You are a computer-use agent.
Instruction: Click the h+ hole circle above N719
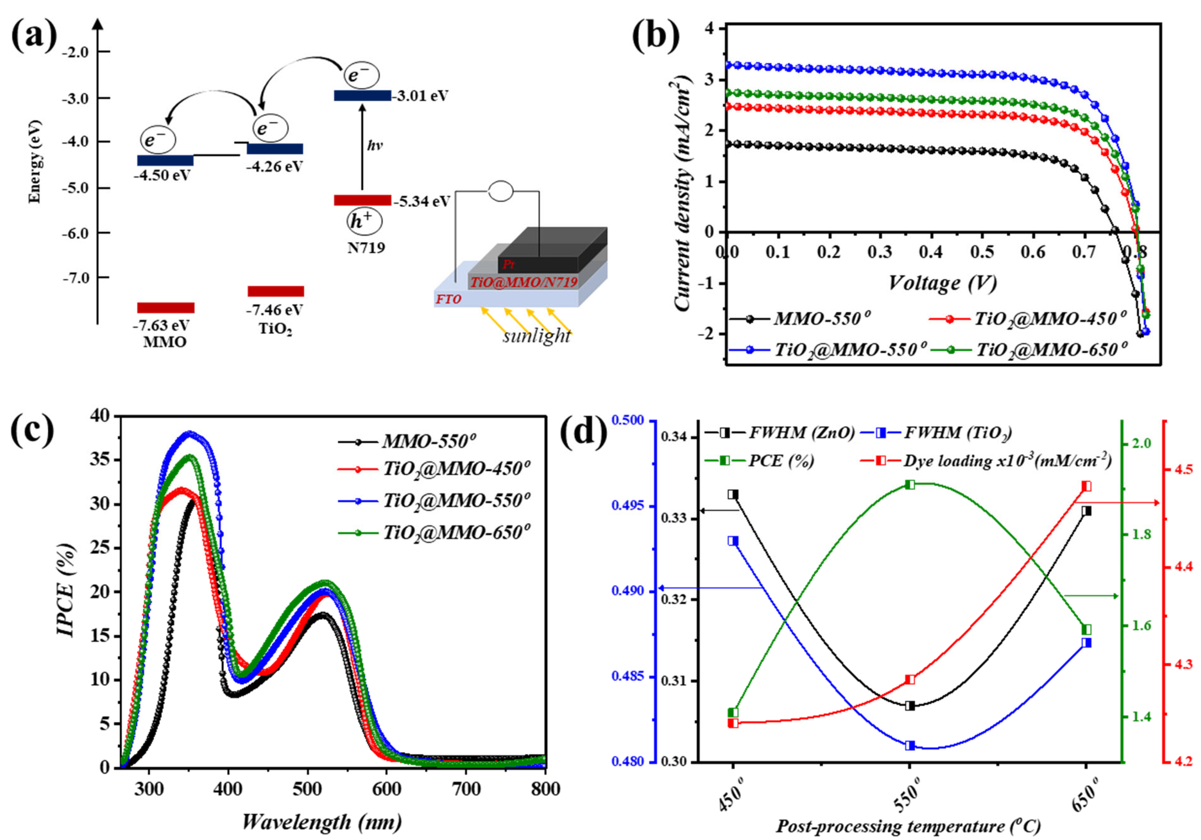point(364,221)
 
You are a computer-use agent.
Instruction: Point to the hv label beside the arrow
point(374,145)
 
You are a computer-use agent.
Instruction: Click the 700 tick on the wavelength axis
point(466,789)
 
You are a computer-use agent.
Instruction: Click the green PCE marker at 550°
point(910,485)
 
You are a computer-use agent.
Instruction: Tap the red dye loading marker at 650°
point(1086,486)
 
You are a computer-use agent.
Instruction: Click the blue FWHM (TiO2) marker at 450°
point(733,541)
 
